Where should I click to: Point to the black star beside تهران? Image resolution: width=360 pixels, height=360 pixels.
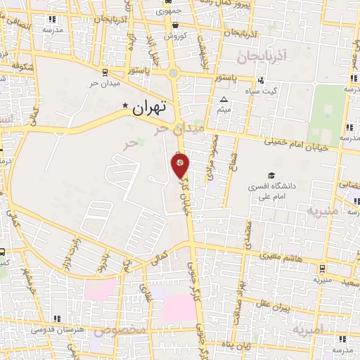[x=126, y=106]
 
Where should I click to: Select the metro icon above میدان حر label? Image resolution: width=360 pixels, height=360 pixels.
[x=105, y=72]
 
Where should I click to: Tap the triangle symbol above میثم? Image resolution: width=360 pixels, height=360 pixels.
[x=224, y=99]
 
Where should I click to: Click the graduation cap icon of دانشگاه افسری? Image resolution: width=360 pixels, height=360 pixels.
[x=271, y=176]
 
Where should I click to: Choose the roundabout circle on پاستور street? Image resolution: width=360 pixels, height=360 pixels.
[x=173, y=72]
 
